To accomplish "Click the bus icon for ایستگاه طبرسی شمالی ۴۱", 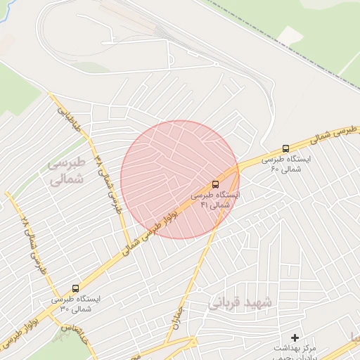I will pos(215,184).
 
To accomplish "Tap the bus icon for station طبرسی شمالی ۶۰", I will pos(285,149).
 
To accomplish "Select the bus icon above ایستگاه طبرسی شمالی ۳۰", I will pos(75,288).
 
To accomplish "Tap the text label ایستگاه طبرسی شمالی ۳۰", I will pos(75,304).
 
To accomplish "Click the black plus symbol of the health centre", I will pos(295,338).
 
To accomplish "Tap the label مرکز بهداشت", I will pos(295,349).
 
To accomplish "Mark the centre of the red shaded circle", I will pos(180,179).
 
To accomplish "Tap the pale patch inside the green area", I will pos(289,34).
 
